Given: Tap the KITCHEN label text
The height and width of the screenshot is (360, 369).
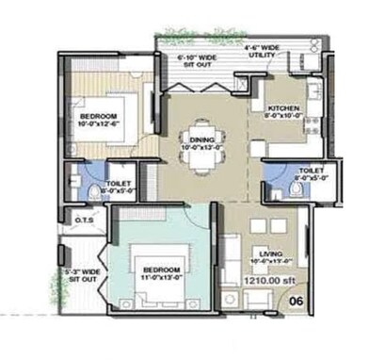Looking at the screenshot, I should tap(282, 107).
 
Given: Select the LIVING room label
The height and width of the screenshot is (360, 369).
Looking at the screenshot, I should tap(272, 253).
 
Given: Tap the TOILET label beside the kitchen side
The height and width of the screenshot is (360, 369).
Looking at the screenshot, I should tap(309, 174).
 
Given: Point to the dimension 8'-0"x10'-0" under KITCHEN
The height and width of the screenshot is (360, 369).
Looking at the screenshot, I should tap(282, 116).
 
